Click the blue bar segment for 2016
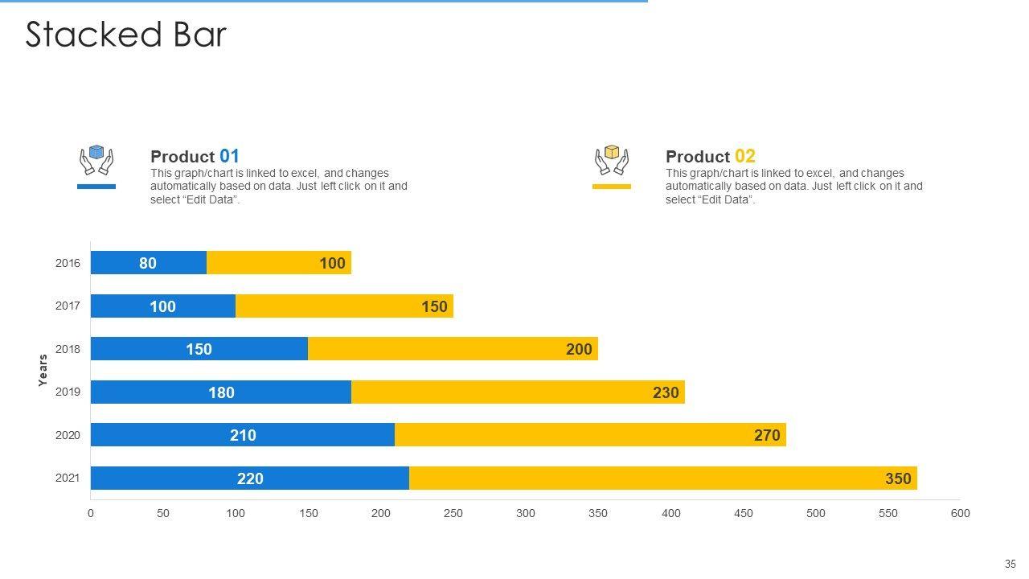tap(149, 263)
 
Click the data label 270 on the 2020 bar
tap(767, 435)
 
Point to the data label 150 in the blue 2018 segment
tap(199, 349)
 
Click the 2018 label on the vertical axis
tap(68, 349)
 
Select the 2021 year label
tap(68, 478)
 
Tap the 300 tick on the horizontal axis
tap(526, 513)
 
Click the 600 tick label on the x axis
tap(961, 513)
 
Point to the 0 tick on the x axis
tap(91, 513)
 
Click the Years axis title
tap(43, 371)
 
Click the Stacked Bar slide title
tap(126, 35)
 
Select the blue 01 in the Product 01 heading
tap(229, 156)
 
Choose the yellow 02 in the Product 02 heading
tap(744, 156)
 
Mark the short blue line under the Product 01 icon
tap(96, 187)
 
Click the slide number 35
tap(1011, 565)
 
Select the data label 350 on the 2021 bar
tap(898, 478)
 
